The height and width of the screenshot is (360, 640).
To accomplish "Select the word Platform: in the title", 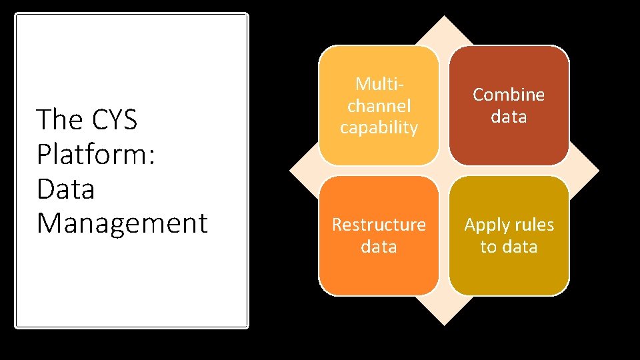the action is (96, 155).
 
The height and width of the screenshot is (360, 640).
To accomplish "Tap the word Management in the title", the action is (123, 223).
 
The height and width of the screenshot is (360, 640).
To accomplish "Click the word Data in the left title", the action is (66, 189).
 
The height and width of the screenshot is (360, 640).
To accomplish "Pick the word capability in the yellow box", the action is (379, 127).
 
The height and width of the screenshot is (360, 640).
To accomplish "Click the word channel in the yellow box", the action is (379, 105).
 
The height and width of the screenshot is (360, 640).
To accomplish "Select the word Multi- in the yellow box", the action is (379, 84).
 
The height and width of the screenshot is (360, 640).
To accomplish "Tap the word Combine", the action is (509, 95).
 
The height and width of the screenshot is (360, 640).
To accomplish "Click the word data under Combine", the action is (509, 117).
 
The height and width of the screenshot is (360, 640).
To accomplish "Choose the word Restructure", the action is (379, 225).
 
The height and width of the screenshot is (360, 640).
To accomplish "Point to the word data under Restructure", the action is (379, 247).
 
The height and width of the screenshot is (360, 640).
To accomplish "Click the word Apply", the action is (487, 225).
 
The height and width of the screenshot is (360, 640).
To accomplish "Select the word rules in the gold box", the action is (533, 225).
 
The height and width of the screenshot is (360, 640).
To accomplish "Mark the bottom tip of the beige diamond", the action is (444, 324).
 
